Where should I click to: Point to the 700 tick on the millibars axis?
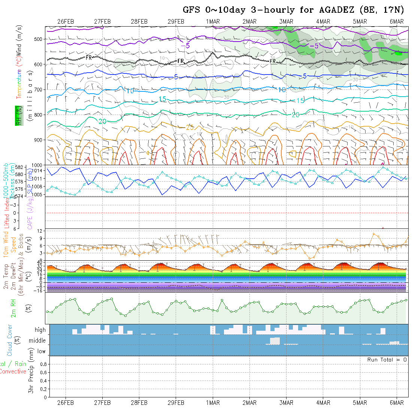39,90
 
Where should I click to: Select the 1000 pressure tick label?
37,165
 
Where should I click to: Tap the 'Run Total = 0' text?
387,360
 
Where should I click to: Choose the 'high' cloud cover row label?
40,330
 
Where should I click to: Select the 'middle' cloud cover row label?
37,341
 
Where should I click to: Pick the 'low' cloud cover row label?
41,351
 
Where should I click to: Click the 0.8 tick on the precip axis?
43,364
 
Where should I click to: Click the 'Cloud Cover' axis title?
10,340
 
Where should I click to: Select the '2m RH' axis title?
13,308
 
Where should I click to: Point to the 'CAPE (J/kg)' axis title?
30,213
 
